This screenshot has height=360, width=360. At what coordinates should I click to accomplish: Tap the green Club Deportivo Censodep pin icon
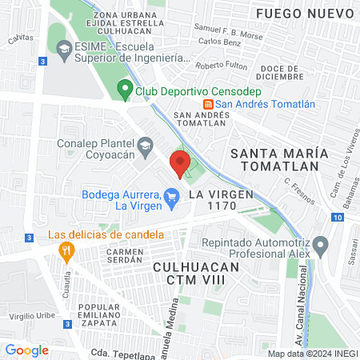[x=124, y=90]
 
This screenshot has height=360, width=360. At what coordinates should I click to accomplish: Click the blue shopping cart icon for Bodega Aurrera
[x=171, y=194]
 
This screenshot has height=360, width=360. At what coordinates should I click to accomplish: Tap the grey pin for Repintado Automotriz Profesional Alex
[x=320, y=243]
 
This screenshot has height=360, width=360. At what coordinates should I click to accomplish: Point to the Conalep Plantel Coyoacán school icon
[x=145, y=145]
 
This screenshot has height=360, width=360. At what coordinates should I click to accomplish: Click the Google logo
[x=26, y=350]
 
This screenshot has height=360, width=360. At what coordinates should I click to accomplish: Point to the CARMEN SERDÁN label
[x=123, y=256]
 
